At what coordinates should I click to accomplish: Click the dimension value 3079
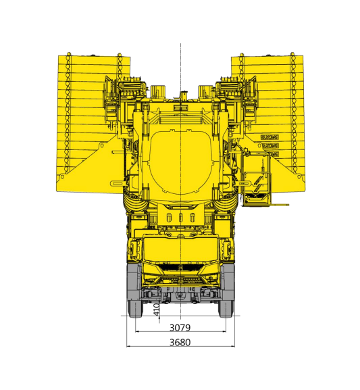click(x=180, y=326)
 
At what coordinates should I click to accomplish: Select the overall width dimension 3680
click(x=180, y=342)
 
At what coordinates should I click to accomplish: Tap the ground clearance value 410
click(x=156, y=309)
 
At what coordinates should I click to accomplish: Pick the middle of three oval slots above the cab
click(x=180, y=218)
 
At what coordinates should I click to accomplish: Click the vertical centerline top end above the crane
click(x=180, y=44)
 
